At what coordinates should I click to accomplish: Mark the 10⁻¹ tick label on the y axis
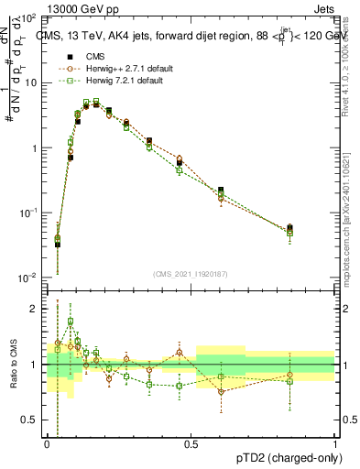tap(27, 213)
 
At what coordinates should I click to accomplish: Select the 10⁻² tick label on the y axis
tap(27, 278)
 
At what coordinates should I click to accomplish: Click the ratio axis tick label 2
tap(34, 309)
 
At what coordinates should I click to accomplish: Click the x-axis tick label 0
tap(46, 443)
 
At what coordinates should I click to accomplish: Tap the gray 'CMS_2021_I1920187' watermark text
tap(191, 274)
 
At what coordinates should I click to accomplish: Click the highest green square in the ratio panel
tap(71, 322)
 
